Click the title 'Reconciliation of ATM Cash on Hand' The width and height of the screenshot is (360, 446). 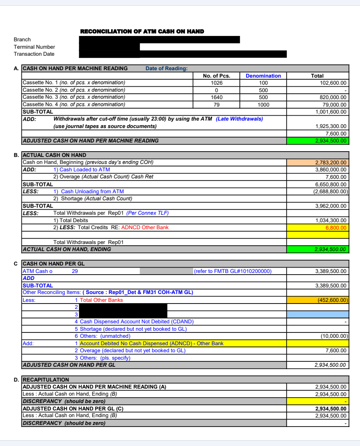click(x=142, y=31)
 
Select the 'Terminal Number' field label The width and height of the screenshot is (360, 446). click(x=34, y=47)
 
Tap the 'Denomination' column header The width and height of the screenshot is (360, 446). click(x=263, y=76)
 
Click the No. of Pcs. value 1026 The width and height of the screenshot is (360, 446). click(x=216, y=83)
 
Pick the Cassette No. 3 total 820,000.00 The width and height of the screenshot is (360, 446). click(x=330, y=97)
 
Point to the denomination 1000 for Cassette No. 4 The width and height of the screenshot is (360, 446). click(x=263, y=104)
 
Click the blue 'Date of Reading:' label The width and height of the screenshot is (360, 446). click(x=166, y=69)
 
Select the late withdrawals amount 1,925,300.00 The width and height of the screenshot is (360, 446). click(x=331, y=126)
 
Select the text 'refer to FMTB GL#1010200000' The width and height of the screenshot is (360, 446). click(x=233, y=271)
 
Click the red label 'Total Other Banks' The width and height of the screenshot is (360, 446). click(x=101, y=300)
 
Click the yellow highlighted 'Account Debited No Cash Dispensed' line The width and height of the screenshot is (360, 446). click(x=152, y=343)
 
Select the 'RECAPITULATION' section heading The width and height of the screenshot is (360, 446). click(x=46, y=380)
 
